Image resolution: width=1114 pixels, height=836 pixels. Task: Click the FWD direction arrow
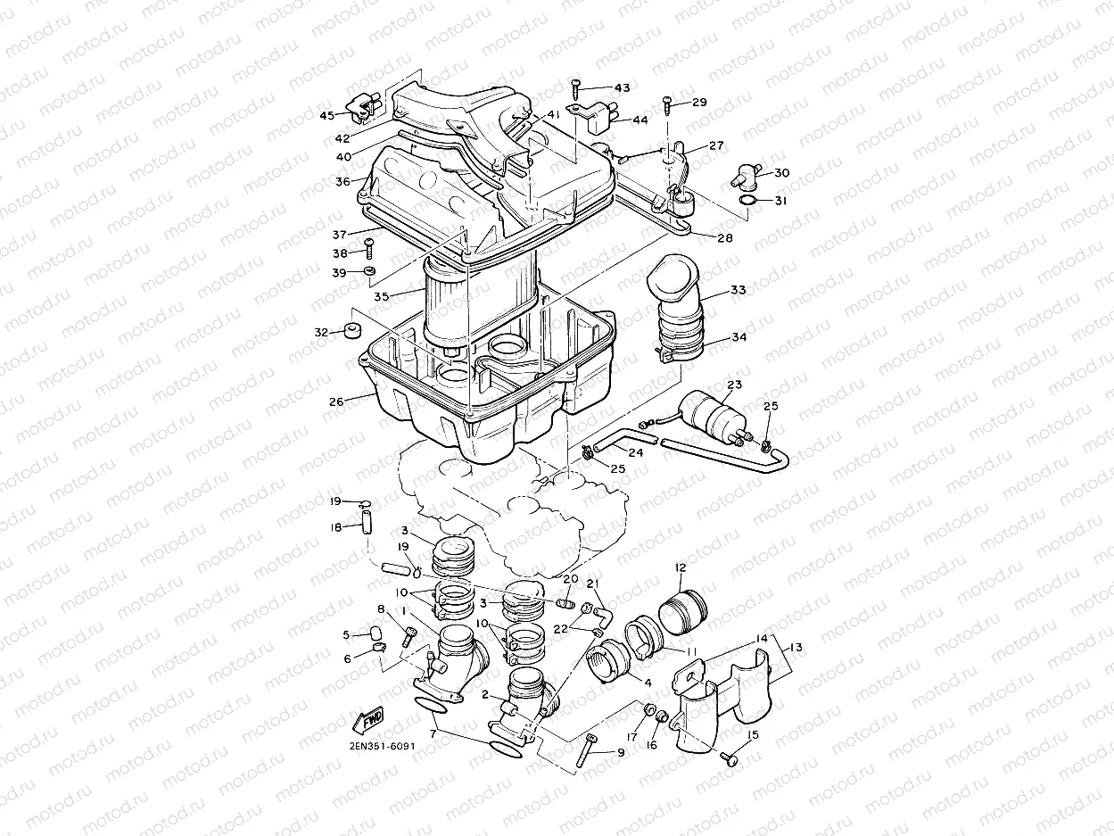coord(369,719)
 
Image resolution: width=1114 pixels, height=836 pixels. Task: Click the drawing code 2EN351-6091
coord(382,746)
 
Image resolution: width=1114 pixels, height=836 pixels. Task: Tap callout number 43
coord(622,87)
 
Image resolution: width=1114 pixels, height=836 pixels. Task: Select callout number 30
coord(781,172)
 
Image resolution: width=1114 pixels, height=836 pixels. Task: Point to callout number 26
coord(336,402)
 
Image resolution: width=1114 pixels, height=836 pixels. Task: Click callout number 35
coord(382,296)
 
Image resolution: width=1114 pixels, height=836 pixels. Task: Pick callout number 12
coord(681,567)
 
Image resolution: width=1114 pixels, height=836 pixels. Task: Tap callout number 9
coord(621,753)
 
